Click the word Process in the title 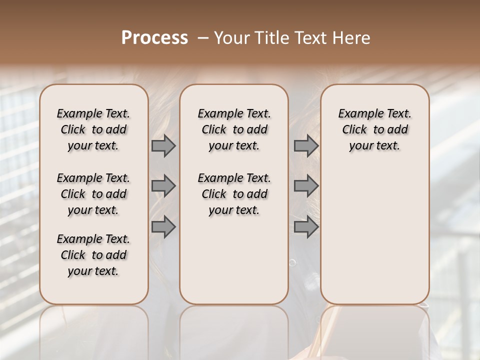point(154,38)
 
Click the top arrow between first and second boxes point(163,145)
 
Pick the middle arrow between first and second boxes point(163,186)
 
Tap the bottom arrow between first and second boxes point(163,227)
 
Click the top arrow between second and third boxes point(306,145)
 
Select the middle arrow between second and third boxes point(306,186)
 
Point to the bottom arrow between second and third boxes point(306,227)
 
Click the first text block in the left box point(93,129)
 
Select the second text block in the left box point(93,194)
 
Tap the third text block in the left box point(93,255)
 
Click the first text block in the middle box point(234,129)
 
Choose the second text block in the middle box point(234,194)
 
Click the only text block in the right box point(374,129)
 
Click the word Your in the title point(231,38)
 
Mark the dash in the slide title point(203,38)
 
